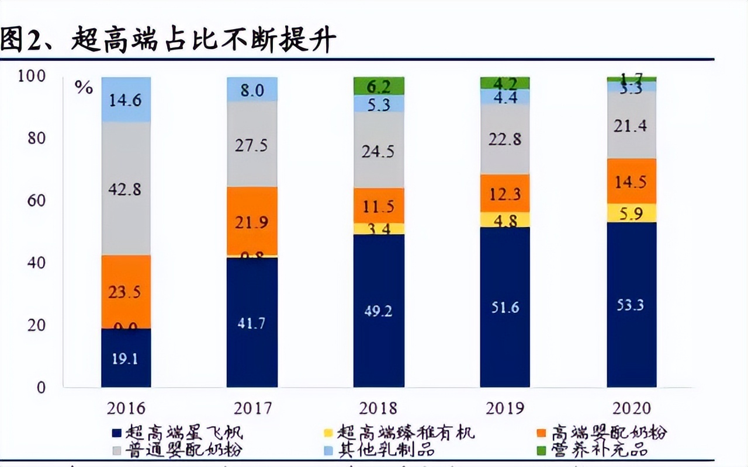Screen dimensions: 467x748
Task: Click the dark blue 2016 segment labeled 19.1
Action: [126, 357]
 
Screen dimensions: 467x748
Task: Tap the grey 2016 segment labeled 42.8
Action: [126, 189]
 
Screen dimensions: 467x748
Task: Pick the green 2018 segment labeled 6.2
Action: [379, 86]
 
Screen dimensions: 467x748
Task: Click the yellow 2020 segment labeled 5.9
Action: [631, 213]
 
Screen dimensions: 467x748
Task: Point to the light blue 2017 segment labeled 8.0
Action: [252, 89]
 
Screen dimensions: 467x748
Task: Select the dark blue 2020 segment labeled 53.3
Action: [631, 304]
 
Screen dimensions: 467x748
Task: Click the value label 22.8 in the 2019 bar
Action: [505, 140]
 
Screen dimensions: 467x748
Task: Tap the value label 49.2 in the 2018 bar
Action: [379, 311]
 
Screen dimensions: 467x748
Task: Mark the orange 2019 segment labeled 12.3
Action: [505, 193]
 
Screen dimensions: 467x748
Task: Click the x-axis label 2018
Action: [379, 407]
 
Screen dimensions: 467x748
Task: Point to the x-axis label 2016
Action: [126, 407]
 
